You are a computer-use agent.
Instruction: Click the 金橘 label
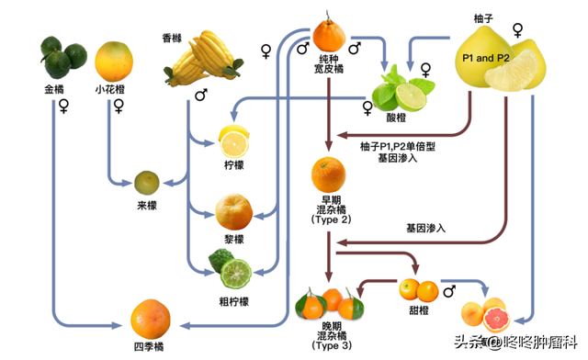point(53,90)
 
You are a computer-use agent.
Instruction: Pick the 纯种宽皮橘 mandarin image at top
point(328,34)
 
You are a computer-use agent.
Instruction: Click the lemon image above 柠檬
point(233,141)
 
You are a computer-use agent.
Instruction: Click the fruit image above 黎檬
point(233,211)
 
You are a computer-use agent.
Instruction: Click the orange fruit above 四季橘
point(150,318)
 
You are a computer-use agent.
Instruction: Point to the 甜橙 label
point(419,311)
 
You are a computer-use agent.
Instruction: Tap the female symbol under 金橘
point(63,106)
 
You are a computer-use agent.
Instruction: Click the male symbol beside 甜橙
point(449,291)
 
